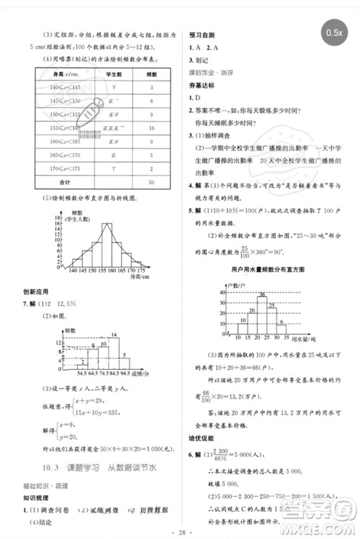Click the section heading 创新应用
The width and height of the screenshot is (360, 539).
35,291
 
